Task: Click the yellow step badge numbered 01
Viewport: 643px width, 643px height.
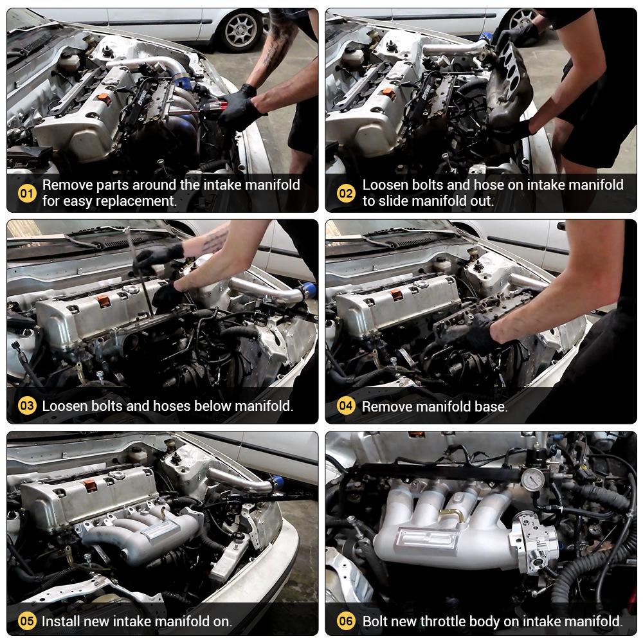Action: [x=27, y=193]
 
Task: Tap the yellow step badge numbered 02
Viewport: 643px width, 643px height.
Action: [x=346, y=193]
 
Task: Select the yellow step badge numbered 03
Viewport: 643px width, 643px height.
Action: [x=27, y=406]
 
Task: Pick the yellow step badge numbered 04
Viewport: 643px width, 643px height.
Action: [x=346, y=406]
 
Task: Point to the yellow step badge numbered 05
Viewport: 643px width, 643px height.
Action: [x=27, y=621]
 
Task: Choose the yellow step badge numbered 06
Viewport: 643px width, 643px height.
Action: [x=346, y=621]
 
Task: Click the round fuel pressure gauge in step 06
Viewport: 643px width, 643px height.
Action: [x=532, y=479]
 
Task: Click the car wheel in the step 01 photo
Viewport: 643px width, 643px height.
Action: [x=242, y=30]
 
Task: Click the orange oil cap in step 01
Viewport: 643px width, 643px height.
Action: [x=102, y=98]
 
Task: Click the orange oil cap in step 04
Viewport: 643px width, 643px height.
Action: [x=395, y=294]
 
